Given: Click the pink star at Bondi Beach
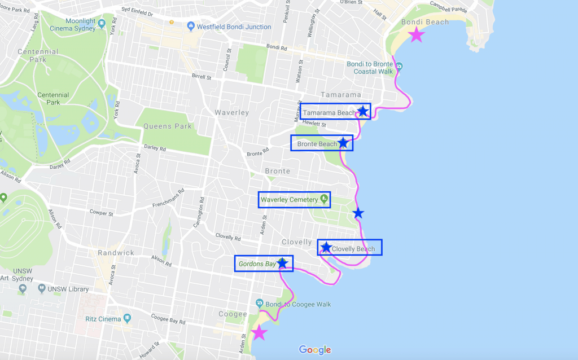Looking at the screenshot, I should pyautogui.click(x=416, y=35).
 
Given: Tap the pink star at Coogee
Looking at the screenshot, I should pyautogui.click(x=259, y=332).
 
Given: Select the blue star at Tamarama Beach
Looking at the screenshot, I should pyautogui.click(x=362, y=111).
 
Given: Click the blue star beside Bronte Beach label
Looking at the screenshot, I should pyautogui.click(x=343, y=143).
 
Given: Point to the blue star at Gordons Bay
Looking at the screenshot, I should pyautogui.click(x=282, y=263).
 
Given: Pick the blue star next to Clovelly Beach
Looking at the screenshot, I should pyautogui.click(x=326, y=247).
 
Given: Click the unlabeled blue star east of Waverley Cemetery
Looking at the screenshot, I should pyautogui.click(x=358, y=213).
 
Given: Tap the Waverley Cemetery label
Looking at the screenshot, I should pyautogui.click(x=289, y=200).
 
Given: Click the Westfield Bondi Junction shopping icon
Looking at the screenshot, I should pyautogui.click(x=191, y=27).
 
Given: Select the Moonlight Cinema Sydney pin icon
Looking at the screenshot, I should pyautogui.click(x=102, y=23).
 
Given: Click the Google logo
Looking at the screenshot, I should pyautogui.click(x=315, y=350).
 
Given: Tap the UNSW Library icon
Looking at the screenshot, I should pyautogui.click(x=42, y=289).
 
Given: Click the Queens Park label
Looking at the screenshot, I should pyautogui.click(x=168, y=126).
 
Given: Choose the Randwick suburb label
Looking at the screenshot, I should pyautogui.click(x=115, y=253).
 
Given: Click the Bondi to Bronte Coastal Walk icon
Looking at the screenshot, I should pyautogui.click(x=400, y=66).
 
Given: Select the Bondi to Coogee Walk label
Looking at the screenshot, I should pyautogui.click(x=300, y=305).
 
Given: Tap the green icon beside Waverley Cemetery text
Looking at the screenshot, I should pyautogui.click(x=324, y=199).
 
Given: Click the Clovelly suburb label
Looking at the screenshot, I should pyautogui.click(x=296, y=242).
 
